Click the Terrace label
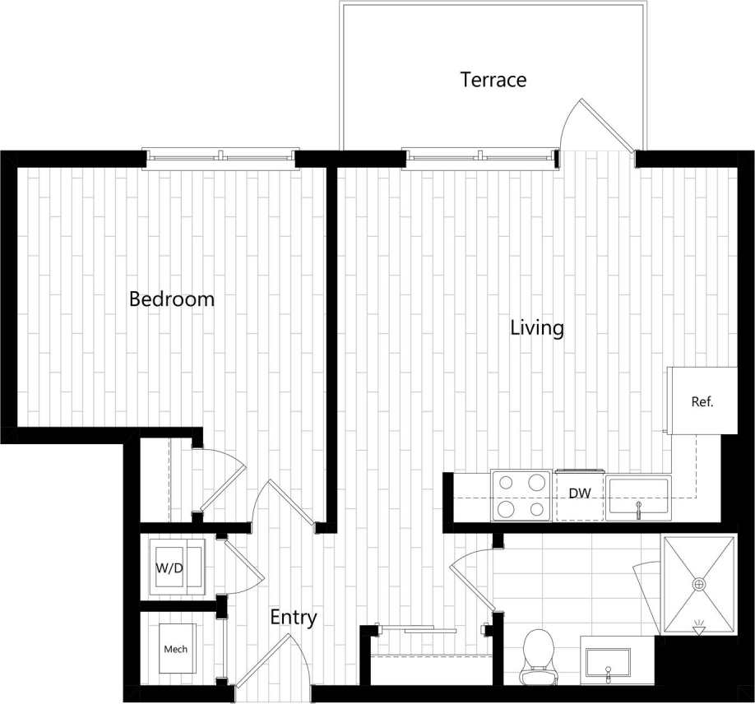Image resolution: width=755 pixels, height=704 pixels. click(x=493, y=80)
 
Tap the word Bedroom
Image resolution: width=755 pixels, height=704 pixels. click(x=171, y=299)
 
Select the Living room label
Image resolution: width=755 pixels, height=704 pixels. click(x=537, y=328)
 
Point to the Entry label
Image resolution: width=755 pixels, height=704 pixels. click(x=294, y=618)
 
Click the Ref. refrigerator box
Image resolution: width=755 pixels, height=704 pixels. click(x=702, y=401)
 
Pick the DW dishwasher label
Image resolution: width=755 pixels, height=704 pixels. click(x=581, y=493)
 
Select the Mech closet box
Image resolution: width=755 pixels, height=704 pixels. click(x=175, y=649)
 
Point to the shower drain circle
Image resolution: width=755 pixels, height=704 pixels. click(x=699, y=584)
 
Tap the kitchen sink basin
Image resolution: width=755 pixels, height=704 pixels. click(x=638, y=497)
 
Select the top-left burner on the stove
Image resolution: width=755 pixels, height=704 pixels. click(x=505, y=483)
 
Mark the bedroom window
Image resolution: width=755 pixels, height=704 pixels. click(x=220, y=156)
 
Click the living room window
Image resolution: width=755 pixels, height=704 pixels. click(x=479, y=156)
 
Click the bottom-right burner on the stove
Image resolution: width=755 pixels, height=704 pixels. click(x=537, y=509)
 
